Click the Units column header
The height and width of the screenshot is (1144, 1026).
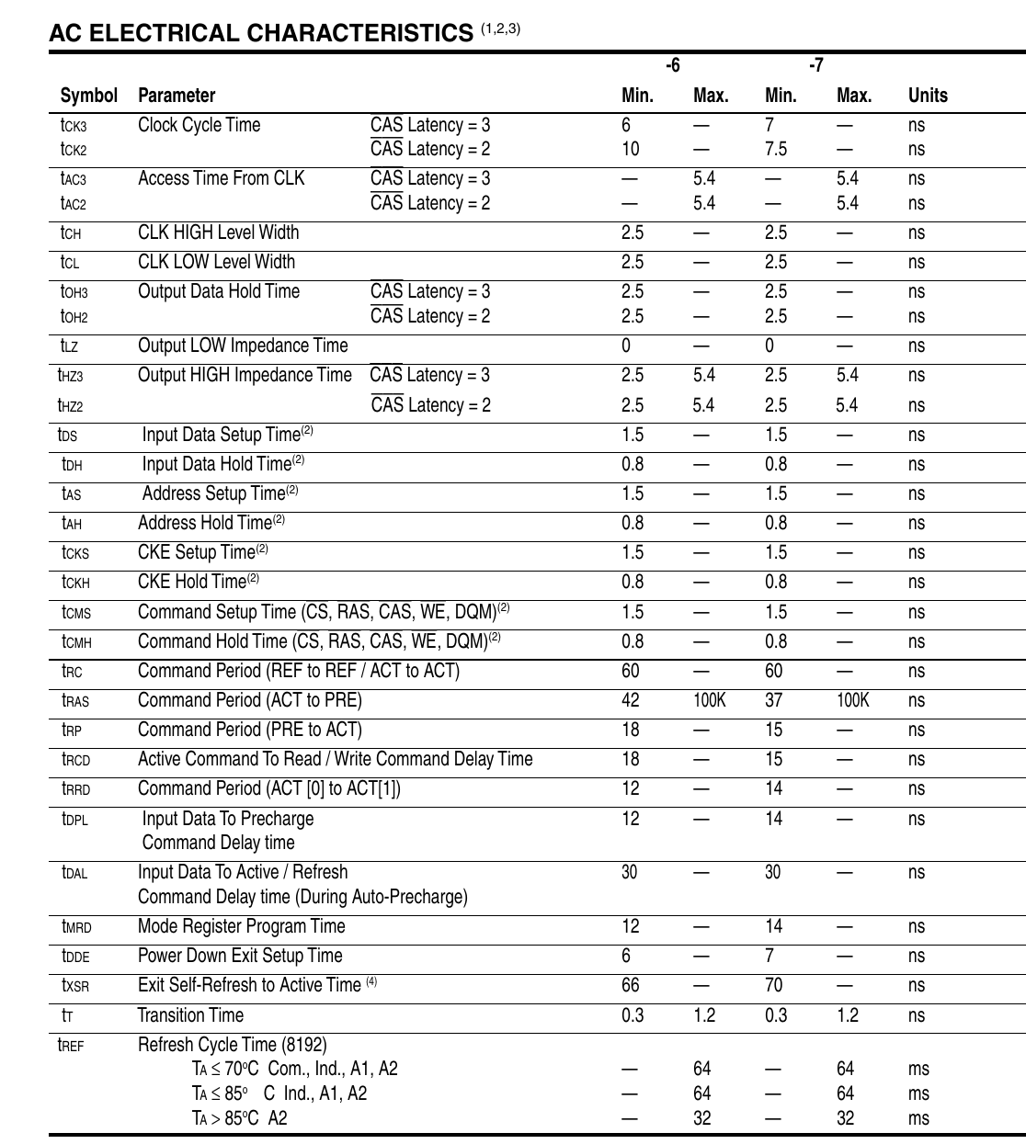(927, 96)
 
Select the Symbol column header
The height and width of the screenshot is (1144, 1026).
(89, 96)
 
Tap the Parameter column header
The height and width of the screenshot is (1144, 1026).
(177, 96)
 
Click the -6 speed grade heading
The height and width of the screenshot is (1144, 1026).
(673, 65)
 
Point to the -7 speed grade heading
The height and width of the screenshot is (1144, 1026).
(816, 65)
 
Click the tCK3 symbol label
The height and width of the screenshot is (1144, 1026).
(74, 126)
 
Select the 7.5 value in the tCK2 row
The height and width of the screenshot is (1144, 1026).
(776, 149)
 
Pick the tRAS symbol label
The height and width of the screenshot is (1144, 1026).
(75, 701)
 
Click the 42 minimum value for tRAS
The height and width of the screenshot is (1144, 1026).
(630, 700)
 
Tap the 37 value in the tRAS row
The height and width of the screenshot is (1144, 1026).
(774, 700)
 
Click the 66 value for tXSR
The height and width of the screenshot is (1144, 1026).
(630, 985)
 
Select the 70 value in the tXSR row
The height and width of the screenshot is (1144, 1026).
(774, 985)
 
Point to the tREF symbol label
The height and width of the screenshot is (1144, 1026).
(71, 1045)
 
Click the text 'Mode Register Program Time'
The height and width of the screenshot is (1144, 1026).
(242, 926)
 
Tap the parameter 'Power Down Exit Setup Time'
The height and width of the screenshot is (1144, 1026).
(240, 956)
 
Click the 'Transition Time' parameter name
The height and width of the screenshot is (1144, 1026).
(190, 1015)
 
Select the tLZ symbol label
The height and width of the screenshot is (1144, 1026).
(70, 346)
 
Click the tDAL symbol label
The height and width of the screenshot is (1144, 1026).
(74, 873)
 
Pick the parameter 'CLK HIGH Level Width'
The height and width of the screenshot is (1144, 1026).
(218, 232)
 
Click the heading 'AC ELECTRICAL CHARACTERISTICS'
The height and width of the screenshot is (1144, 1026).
(261, 34)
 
